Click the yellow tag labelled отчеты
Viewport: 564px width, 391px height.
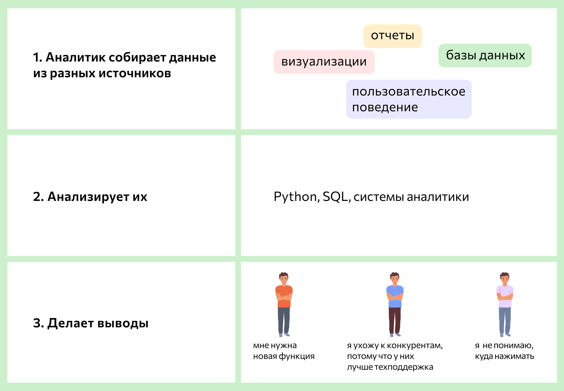[x=392, y=36]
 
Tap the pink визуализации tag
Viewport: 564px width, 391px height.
[x=324, y=62]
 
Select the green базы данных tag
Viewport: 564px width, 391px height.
[x=485, y=55]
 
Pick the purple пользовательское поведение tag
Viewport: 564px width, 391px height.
[x=409, y=99]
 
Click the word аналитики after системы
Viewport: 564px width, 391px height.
[x=438, y=197]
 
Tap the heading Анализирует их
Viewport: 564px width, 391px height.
[x=90, y=197]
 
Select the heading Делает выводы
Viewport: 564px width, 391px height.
[x=91, y=323]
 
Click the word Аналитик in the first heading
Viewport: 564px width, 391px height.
[x=74, y=57]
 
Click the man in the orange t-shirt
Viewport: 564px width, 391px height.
[x=284, y=304]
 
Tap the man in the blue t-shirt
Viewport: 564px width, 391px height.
[x=395, y=304]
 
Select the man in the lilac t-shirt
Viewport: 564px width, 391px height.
[x=505, y=304]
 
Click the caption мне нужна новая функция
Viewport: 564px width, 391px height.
[x=283, y=351]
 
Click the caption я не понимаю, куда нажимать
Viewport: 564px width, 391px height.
[x=504, y=351]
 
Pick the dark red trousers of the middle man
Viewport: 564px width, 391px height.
[x=395, y=320]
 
